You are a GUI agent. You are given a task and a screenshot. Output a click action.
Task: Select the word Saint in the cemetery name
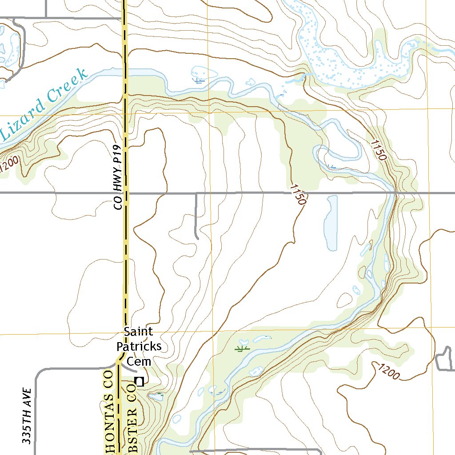[138, 331]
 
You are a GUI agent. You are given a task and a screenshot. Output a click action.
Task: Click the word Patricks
[139, 346]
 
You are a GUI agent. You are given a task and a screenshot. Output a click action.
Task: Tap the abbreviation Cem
[139, 362]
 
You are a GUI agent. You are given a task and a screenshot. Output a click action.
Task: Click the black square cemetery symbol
[140, 381]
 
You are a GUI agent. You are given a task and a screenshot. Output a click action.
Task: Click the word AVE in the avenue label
[28, 397]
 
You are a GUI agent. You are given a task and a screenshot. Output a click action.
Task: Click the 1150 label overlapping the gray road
[298, 195]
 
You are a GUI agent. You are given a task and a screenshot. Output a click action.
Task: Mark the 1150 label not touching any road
[378, 150]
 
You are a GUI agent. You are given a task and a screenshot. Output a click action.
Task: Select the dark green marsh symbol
[242, 348]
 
